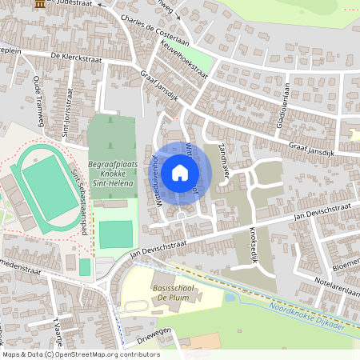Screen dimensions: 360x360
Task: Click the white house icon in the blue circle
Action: pos(180,172)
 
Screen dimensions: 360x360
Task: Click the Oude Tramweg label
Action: pos(37,94)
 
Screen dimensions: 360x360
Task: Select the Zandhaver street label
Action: pos(226,162)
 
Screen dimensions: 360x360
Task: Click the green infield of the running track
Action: pos(48,180)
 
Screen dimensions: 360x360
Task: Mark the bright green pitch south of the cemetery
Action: pos(116,234)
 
